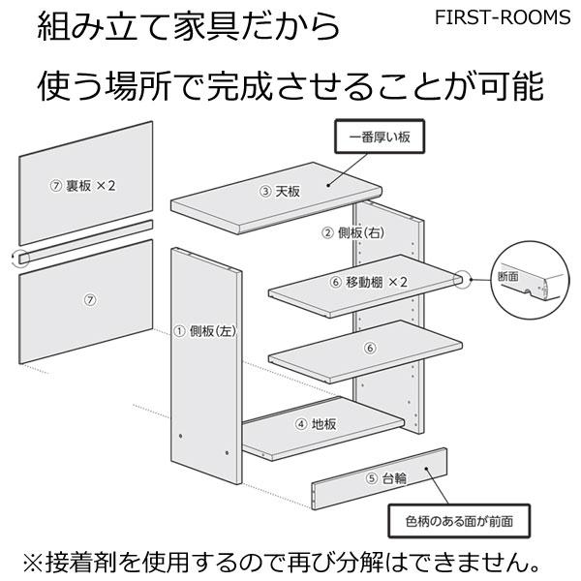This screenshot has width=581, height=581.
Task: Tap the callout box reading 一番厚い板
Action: [x=381, y=138]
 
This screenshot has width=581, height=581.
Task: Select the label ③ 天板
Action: [x=277, y=192]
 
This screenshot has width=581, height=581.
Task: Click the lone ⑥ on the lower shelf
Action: [x=368, y=348]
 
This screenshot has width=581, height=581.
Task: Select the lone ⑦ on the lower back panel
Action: [x=90, y=300]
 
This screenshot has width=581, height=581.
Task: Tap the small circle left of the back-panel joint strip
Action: [x=19, y=258]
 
